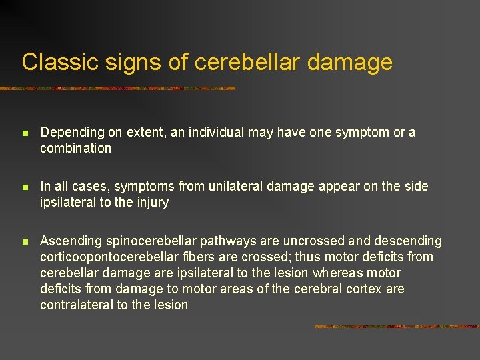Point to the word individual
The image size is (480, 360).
tap(216, 133)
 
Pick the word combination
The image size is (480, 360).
tap(75, 149)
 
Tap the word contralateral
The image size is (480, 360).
tap(76, 305)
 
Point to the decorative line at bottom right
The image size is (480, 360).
tap(396, 327)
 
